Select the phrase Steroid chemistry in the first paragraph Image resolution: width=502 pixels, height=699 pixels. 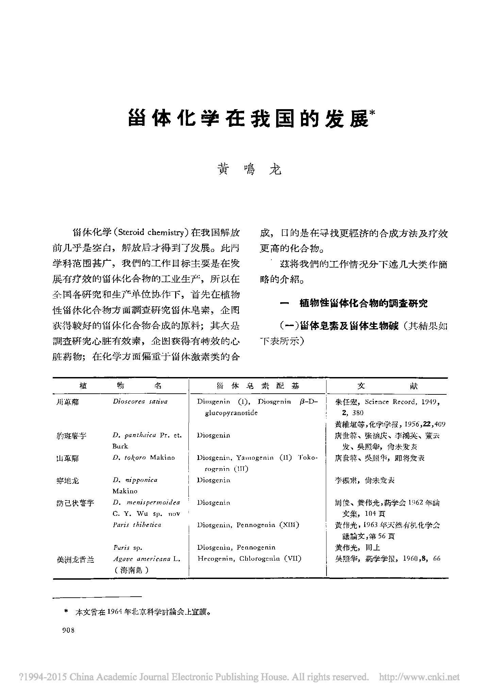pos(151,233)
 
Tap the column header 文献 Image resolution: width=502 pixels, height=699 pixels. pos(387,386)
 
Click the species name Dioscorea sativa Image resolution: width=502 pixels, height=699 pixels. pos(140,402)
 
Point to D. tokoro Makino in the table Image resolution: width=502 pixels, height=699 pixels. pos(144,458)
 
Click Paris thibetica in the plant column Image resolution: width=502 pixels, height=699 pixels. pos(137,525)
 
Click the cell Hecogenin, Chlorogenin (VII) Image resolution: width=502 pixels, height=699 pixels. pos(249,559)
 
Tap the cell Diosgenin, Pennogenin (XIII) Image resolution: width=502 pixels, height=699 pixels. pos(248,525)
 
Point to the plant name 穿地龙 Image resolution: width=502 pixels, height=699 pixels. pos(67,481)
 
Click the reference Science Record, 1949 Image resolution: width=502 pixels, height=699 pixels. pos(402,402)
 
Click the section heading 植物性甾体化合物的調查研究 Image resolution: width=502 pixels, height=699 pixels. pos(363,304)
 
